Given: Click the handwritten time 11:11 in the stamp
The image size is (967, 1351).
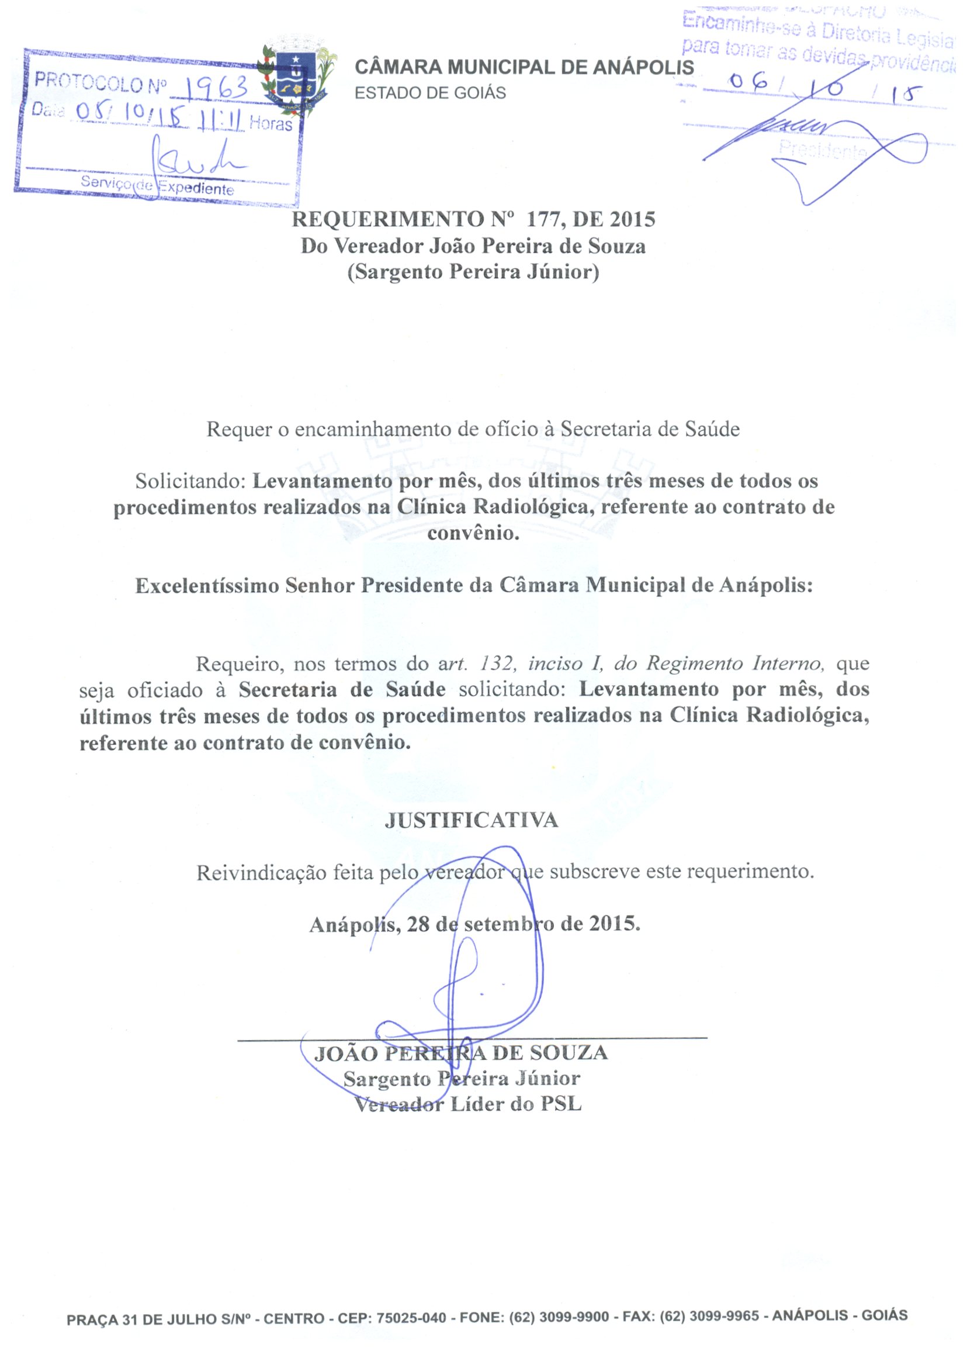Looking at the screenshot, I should [221, 122].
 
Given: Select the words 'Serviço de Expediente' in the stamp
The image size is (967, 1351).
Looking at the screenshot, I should [157, 185].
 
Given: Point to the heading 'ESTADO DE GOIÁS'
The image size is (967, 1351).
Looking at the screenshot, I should [430, 94].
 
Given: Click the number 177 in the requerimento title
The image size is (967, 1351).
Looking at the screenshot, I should [544, 220].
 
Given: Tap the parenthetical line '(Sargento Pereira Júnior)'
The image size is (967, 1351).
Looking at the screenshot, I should [473, 272].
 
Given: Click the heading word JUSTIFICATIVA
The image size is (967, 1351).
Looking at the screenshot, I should [472, 821].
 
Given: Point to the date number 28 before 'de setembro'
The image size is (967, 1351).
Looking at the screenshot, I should [418, 924].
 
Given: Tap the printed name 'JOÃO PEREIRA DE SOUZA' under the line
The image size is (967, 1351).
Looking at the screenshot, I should [461, 1053].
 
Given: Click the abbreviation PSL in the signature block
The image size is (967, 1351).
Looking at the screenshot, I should [561, 1104].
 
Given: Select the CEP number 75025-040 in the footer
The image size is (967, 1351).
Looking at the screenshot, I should [411, 1318].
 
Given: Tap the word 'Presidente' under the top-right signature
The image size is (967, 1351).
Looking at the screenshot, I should [822, 150].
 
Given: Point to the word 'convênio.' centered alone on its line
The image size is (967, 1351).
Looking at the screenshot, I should [473, 533].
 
